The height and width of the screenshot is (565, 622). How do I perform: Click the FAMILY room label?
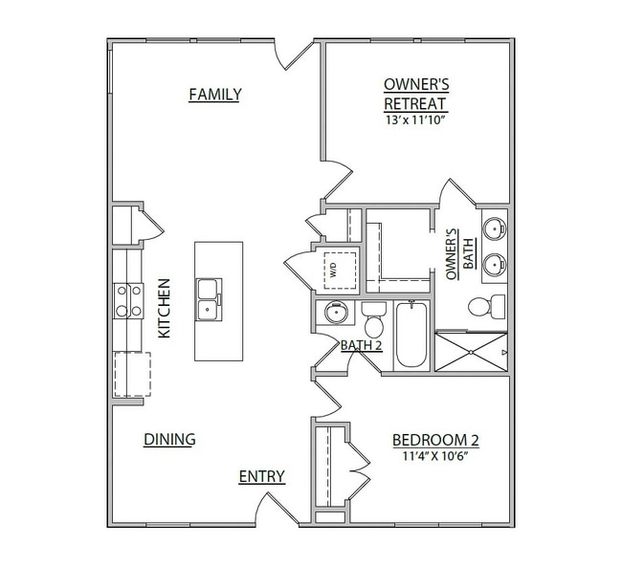click(214, 95)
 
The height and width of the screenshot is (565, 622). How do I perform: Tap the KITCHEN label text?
click(165, 308)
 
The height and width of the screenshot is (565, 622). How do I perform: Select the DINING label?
click(169, 440)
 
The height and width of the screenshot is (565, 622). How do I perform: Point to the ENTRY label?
click(262, 476)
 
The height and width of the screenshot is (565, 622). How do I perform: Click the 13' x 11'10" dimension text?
click(414, 120)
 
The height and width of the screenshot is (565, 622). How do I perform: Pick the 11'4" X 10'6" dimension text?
click(436, 456)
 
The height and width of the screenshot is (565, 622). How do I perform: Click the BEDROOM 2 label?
click(435, 440)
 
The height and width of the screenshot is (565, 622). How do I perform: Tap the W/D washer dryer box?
click(340, 271)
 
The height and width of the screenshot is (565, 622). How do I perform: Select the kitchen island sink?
click(209, 299)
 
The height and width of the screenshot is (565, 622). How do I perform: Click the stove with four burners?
click(128, 301)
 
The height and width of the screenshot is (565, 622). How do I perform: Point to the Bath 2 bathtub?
click(411, 335)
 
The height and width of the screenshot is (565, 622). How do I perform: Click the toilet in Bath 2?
click(373, 319)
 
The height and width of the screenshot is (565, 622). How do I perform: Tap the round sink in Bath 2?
click(337, 313)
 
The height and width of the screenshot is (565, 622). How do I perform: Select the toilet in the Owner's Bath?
click(487, 306)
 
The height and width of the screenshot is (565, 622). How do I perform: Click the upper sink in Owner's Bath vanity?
click(495, 228)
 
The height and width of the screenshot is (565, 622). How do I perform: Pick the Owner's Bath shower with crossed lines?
click(471, 352)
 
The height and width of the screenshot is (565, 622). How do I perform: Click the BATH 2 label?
click(362, 345)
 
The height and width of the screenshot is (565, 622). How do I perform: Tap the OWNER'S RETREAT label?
click(416, 95)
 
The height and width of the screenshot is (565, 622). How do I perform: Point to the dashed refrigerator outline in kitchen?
click(132, 374)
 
